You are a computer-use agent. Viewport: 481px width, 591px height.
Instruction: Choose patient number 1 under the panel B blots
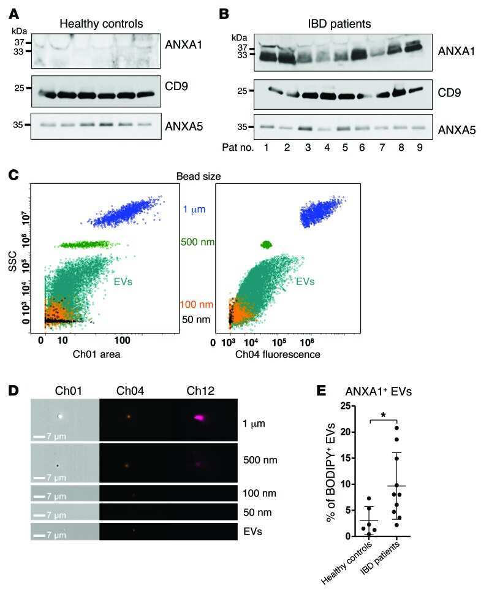[x=266, y=148]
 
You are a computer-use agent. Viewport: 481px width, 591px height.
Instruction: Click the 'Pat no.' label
[x=235, y=148]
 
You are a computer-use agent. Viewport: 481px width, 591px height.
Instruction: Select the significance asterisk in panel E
[x=384, y=416]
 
